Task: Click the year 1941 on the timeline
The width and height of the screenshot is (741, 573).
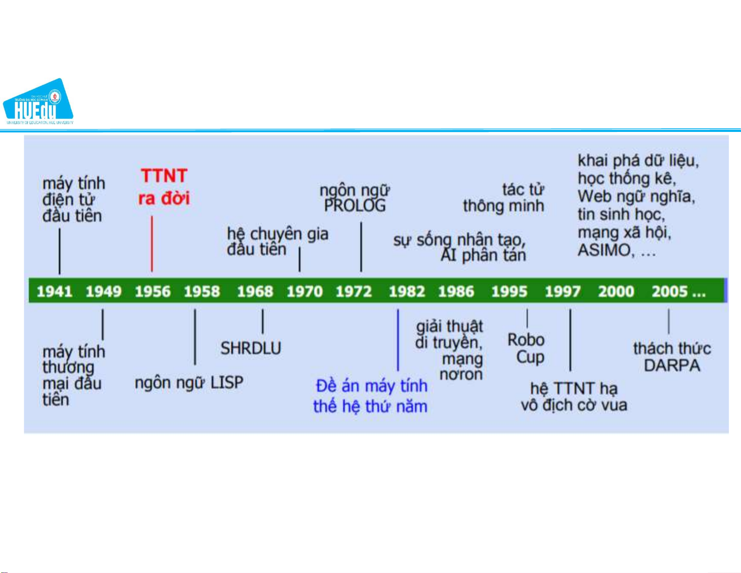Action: pos(54,291)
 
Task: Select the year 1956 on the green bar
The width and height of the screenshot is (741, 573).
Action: pos(152,291)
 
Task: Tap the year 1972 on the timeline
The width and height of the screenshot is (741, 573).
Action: pos(353,291)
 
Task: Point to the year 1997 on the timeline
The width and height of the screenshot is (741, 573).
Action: pos(562,291)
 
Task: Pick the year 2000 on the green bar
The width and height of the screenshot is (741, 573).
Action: pos(616,291)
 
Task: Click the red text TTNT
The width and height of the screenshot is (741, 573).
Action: pos(164,176)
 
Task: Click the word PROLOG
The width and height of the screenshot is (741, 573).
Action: pos(355,206)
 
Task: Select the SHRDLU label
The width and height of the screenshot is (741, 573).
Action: pos(251,348)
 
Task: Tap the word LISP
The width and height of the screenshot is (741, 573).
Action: pos(227,383)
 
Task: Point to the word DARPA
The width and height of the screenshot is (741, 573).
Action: pos(672,365)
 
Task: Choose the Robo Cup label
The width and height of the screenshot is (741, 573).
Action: pos(526,348)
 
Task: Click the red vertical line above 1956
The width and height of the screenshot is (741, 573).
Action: pos(152,243)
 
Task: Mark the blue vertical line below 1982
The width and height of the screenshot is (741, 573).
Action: pos(398,339)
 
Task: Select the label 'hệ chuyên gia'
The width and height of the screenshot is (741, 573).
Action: pos(278,233)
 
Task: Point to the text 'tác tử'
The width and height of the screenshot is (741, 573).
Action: pos(523,189)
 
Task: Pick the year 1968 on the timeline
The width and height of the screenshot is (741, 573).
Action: pos(255,291)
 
